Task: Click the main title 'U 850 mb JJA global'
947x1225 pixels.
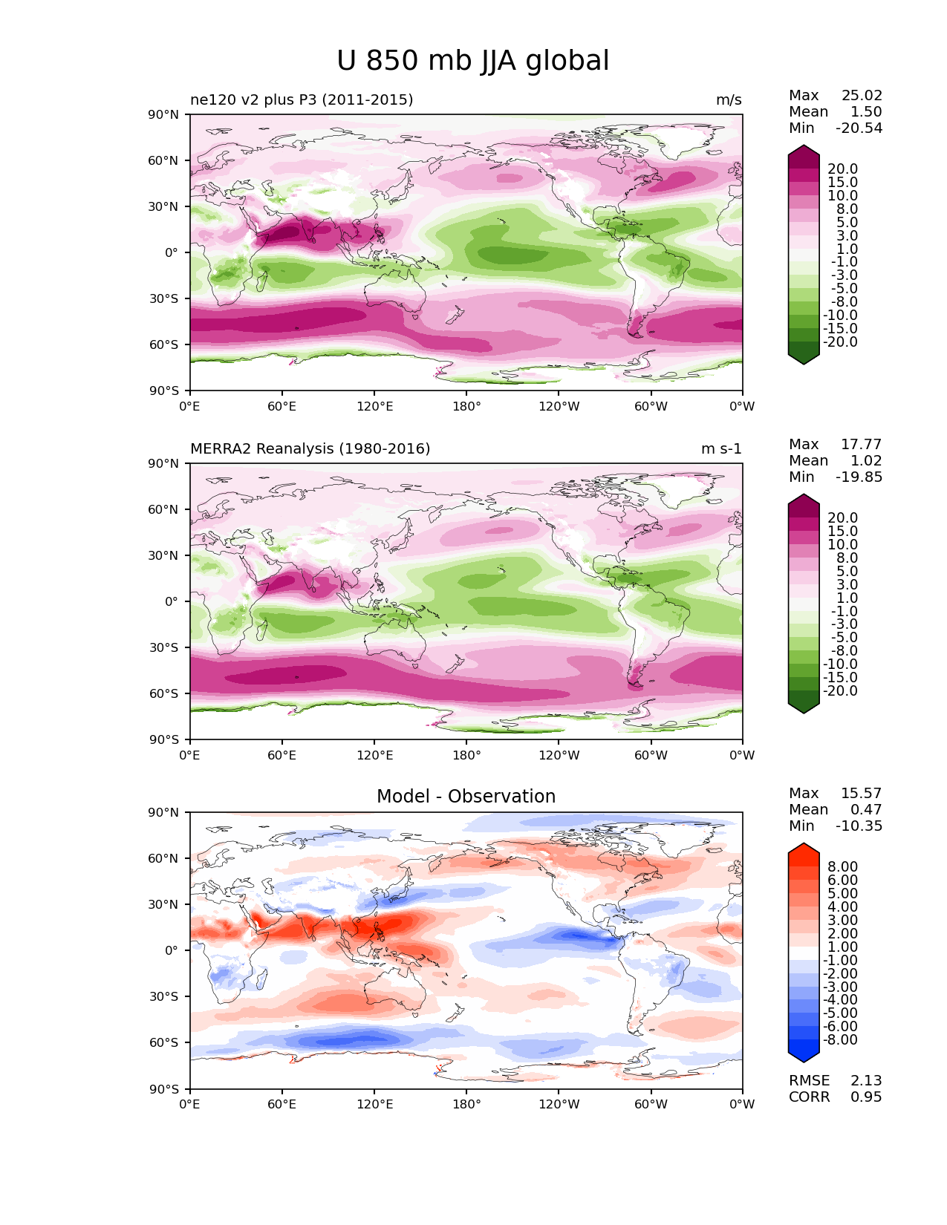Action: click(x=472, y=61)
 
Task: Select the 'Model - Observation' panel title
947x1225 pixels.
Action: click(x=466, y=796)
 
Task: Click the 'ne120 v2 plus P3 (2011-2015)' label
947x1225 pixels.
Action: click(x=302, y=100)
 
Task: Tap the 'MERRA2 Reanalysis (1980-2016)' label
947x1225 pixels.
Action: click(x=310, y=449)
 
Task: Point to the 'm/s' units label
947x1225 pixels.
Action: click(x=729, y=100)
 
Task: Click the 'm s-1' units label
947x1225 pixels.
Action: click(x=721, y=449)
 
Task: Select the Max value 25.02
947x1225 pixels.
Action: click(x=862, y=95)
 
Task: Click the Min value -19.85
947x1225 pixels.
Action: click(x=859, y=477)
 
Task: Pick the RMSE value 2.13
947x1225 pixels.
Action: click(x=866, y=1081)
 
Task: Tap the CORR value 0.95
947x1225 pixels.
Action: click(x=866, y=1097)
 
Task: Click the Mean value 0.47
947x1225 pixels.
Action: click(x=866, y=809)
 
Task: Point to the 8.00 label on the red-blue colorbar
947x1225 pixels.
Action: click(x=843, y=867)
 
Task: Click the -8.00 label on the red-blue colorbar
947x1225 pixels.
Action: click(x=840, y=1040)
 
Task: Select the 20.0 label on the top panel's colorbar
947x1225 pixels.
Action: click(x=843, y=169)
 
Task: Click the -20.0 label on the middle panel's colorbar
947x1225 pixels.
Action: click(x=840, y=691)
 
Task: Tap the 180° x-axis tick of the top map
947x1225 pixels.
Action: click(x=466, y=406)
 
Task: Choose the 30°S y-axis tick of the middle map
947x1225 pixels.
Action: click(x=163, y=647)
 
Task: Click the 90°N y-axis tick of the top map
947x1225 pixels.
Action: click(x=163, y=115)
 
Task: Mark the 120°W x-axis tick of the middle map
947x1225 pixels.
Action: click(x=559, y=755)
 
